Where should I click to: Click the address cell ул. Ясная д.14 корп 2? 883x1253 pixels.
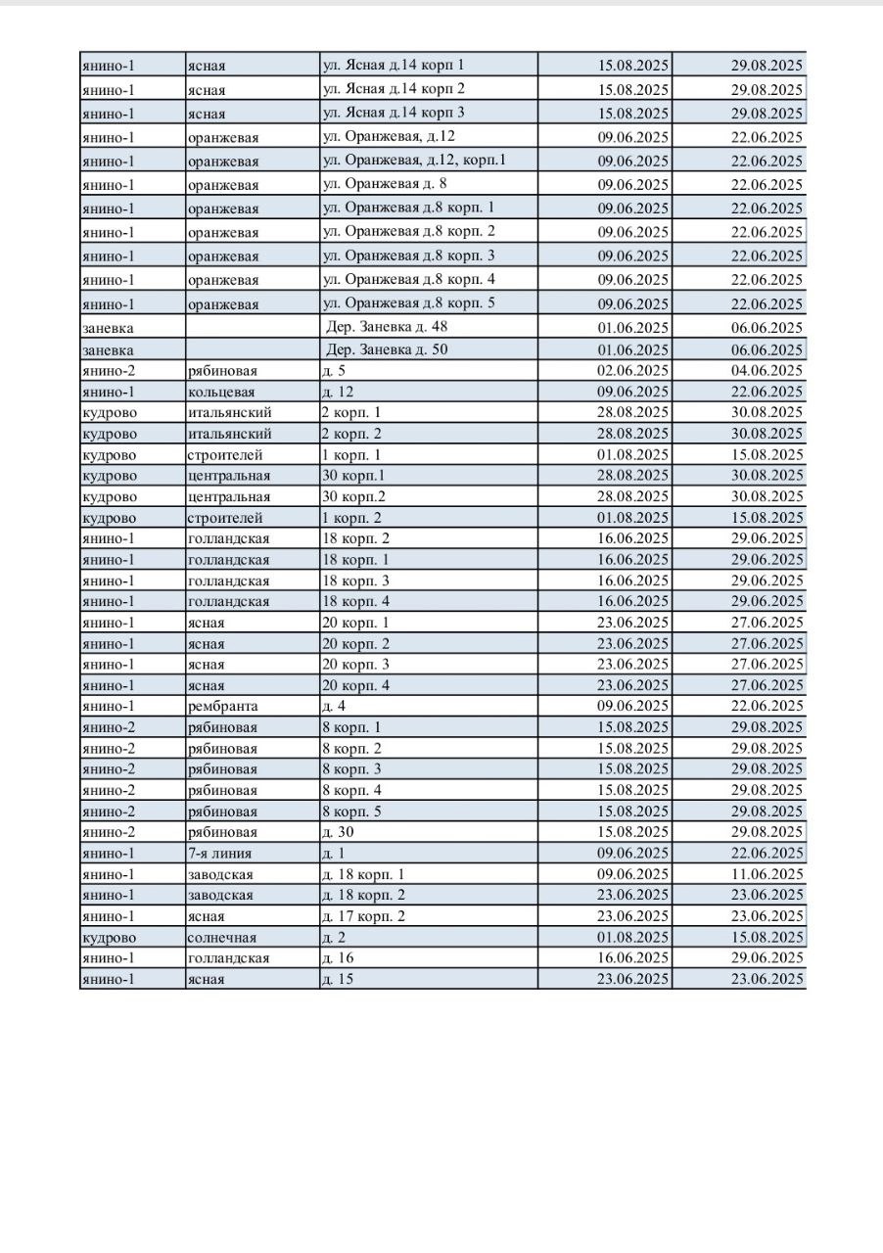(x=395, y=89)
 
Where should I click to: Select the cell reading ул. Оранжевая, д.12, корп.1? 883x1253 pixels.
(x=414, y=161)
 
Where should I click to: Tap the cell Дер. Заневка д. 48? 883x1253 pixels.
(x=387, y=327)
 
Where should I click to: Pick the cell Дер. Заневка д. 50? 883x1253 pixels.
(x=387, y=349)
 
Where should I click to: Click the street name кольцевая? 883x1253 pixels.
(x=221, y=392)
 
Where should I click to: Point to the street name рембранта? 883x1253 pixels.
(x=223, y=706)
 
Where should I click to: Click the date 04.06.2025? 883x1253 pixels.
(x=767, y=371)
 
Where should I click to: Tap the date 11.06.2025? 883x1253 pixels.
(x=767, y=874)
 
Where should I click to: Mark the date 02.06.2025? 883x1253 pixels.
(x=633, y=371)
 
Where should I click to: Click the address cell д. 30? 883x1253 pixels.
(x=338, y=832)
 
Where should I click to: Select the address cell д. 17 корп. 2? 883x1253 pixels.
(x=363, y=916)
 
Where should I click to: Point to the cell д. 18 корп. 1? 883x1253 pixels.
(x=363, y=874)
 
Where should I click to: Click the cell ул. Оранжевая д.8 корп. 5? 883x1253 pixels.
(x=408, y=303)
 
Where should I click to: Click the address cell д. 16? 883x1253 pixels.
(x=338, y=958)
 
